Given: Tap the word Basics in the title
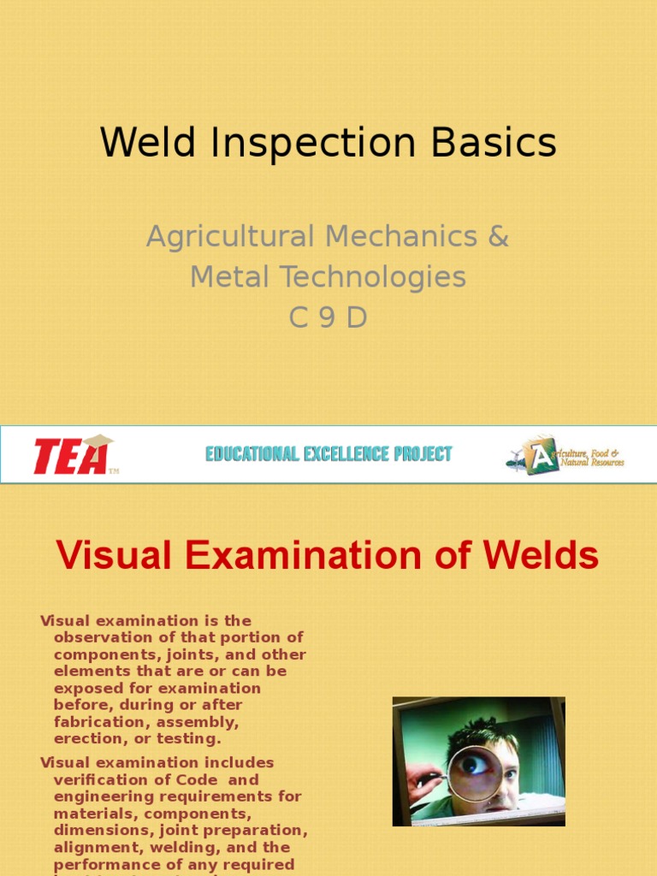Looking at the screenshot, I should tap(494, 143).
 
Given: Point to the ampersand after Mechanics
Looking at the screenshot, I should tap(498, 236).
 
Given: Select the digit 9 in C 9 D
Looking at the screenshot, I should tap(328, 317).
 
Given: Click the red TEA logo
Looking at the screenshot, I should tap(72, 455).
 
